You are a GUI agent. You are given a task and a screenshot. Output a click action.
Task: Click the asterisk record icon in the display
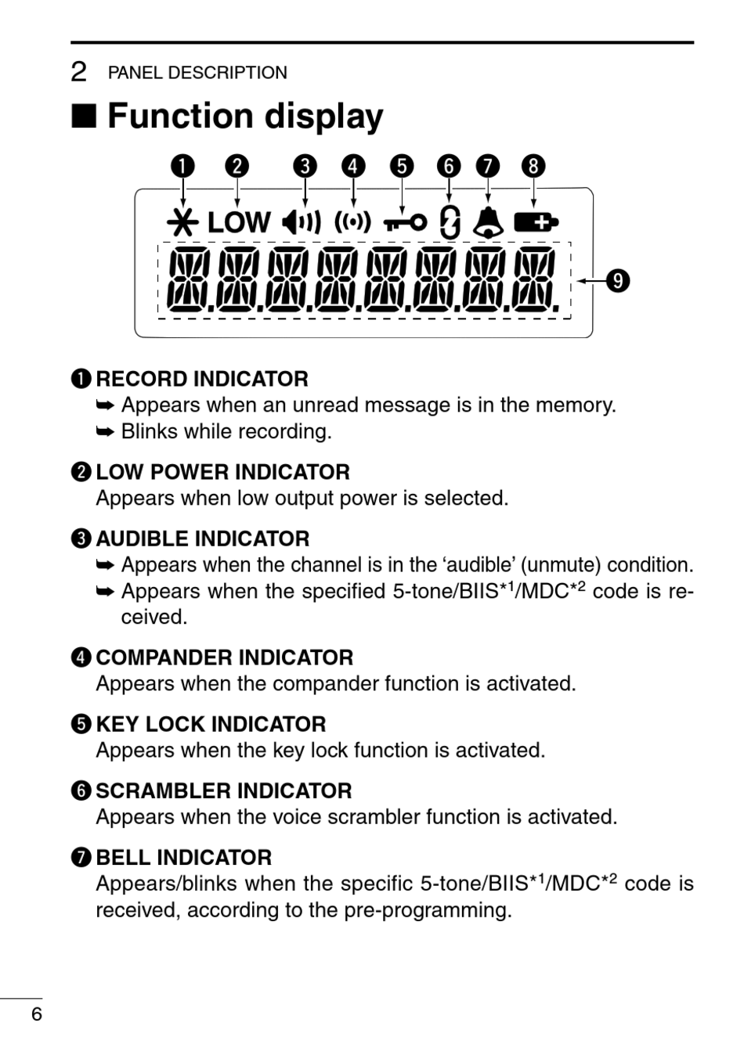point(182,223)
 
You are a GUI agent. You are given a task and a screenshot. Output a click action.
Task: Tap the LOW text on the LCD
point(239,223)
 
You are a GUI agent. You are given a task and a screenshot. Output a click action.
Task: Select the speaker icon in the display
point(302,223)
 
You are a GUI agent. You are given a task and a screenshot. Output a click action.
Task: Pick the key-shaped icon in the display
point(405,223)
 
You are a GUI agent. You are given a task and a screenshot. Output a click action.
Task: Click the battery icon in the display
point(536,223)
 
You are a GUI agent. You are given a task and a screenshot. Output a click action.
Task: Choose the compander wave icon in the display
point(352,223)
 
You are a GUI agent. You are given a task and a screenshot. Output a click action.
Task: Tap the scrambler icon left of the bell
point(449,223)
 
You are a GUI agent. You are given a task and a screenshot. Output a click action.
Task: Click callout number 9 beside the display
point(619,280)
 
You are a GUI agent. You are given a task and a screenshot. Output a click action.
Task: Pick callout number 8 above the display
point(533,166)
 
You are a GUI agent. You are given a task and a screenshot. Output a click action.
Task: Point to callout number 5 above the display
point(401,166)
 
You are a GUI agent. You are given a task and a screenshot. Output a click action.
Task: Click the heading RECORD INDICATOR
point(202,380)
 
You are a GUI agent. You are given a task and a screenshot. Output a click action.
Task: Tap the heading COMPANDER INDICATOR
point(224,657)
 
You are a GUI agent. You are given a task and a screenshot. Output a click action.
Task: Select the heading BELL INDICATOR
point(183,858)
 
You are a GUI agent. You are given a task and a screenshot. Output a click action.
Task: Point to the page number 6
point(36,1015)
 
